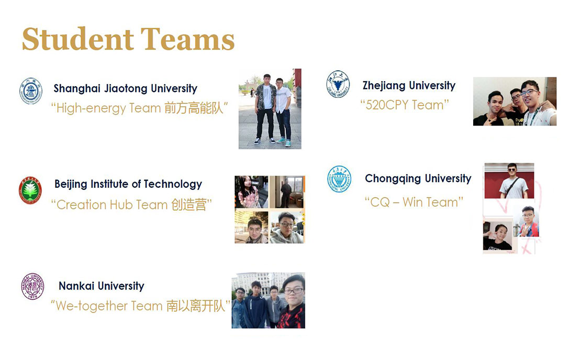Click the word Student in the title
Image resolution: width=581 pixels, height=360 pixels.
pos(78,39)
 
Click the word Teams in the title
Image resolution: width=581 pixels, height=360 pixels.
pos(187,39)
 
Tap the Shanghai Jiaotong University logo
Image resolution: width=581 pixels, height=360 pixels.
pos(31,91)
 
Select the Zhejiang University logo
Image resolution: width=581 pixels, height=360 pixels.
pos(338,84)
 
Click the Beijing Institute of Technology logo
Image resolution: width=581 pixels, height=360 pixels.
pos(30,190)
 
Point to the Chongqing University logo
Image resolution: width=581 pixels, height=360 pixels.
pos(339,179)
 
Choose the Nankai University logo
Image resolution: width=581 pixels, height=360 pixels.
pos(32,286)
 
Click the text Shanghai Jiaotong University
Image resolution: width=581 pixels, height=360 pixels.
pos(125,88)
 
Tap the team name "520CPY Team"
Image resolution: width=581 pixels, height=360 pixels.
pos(405,105)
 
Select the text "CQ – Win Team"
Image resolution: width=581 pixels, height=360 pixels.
pos(414,202)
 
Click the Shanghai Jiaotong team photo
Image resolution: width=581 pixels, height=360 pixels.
pos(270,109)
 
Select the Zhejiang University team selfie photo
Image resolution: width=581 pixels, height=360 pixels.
pos(515,101)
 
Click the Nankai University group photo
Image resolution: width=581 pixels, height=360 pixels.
pos(269,300)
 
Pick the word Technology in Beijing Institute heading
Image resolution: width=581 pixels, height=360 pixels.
pos(173,184)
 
